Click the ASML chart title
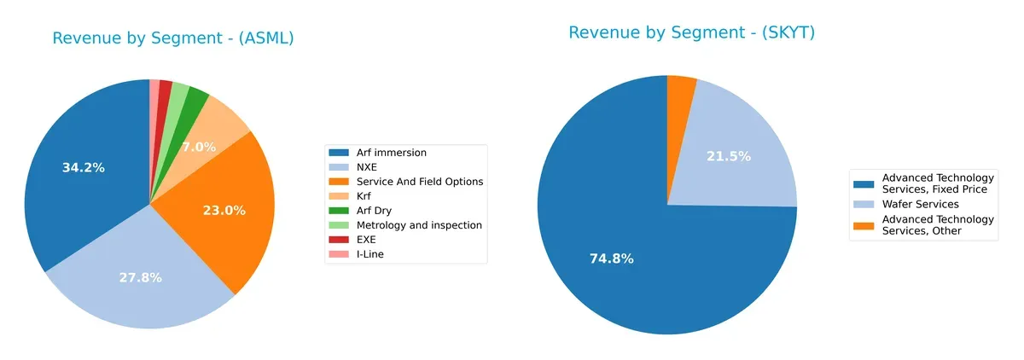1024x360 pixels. (173, 38)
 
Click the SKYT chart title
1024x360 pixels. (691, 33)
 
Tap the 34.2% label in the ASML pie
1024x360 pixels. (84, 168)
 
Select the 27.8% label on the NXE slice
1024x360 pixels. (141, 278)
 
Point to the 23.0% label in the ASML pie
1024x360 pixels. (224, 211)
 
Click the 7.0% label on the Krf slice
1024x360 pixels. (199, 148)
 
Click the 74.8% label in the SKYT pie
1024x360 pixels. (611, 259)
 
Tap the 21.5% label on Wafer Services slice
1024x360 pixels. (729, 157)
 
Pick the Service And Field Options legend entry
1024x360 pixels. (420, 182)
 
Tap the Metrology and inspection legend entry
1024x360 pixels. (419, 225)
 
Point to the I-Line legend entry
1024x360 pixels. (372, 254)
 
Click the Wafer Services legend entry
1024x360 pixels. (920, 204)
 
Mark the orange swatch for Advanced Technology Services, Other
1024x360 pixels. (864, 225)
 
